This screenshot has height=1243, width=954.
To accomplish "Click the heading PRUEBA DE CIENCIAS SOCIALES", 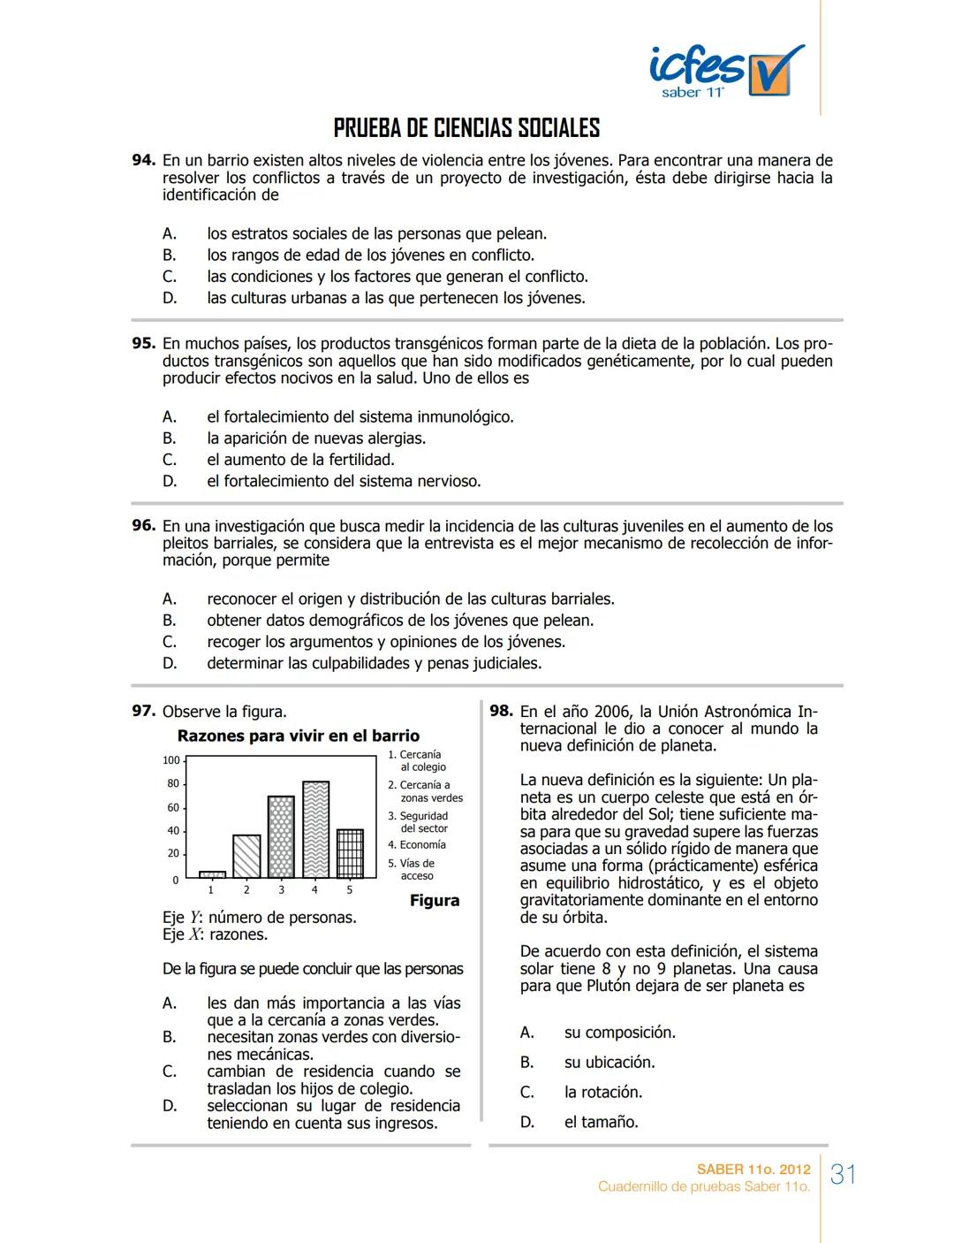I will (466, 129).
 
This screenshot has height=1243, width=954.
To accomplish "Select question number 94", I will (144, 161).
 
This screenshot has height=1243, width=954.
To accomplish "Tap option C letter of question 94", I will (170, 277).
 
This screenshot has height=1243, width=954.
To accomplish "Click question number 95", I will (144, 343).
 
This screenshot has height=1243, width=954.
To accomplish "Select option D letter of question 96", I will (170, 663).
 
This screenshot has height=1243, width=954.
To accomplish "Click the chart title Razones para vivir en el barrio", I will (299, 736).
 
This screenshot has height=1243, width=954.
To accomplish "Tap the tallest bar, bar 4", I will (315, 828).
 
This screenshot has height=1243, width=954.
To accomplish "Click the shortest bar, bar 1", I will (212, 873).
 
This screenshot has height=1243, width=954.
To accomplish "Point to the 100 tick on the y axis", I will (171, 760).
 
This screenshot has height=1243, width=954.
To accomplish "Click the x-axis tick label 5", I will (349, 890).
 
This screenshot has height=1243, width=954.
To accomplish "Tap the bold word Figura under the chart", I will (435, 901).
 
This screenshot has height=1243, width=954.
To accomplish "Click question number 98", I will (501, 711).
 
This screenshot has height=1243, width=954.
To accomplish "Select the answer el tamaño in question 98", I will (601, 1122).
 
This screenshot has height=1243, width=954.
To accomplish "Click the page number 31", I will (844, 1175).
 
